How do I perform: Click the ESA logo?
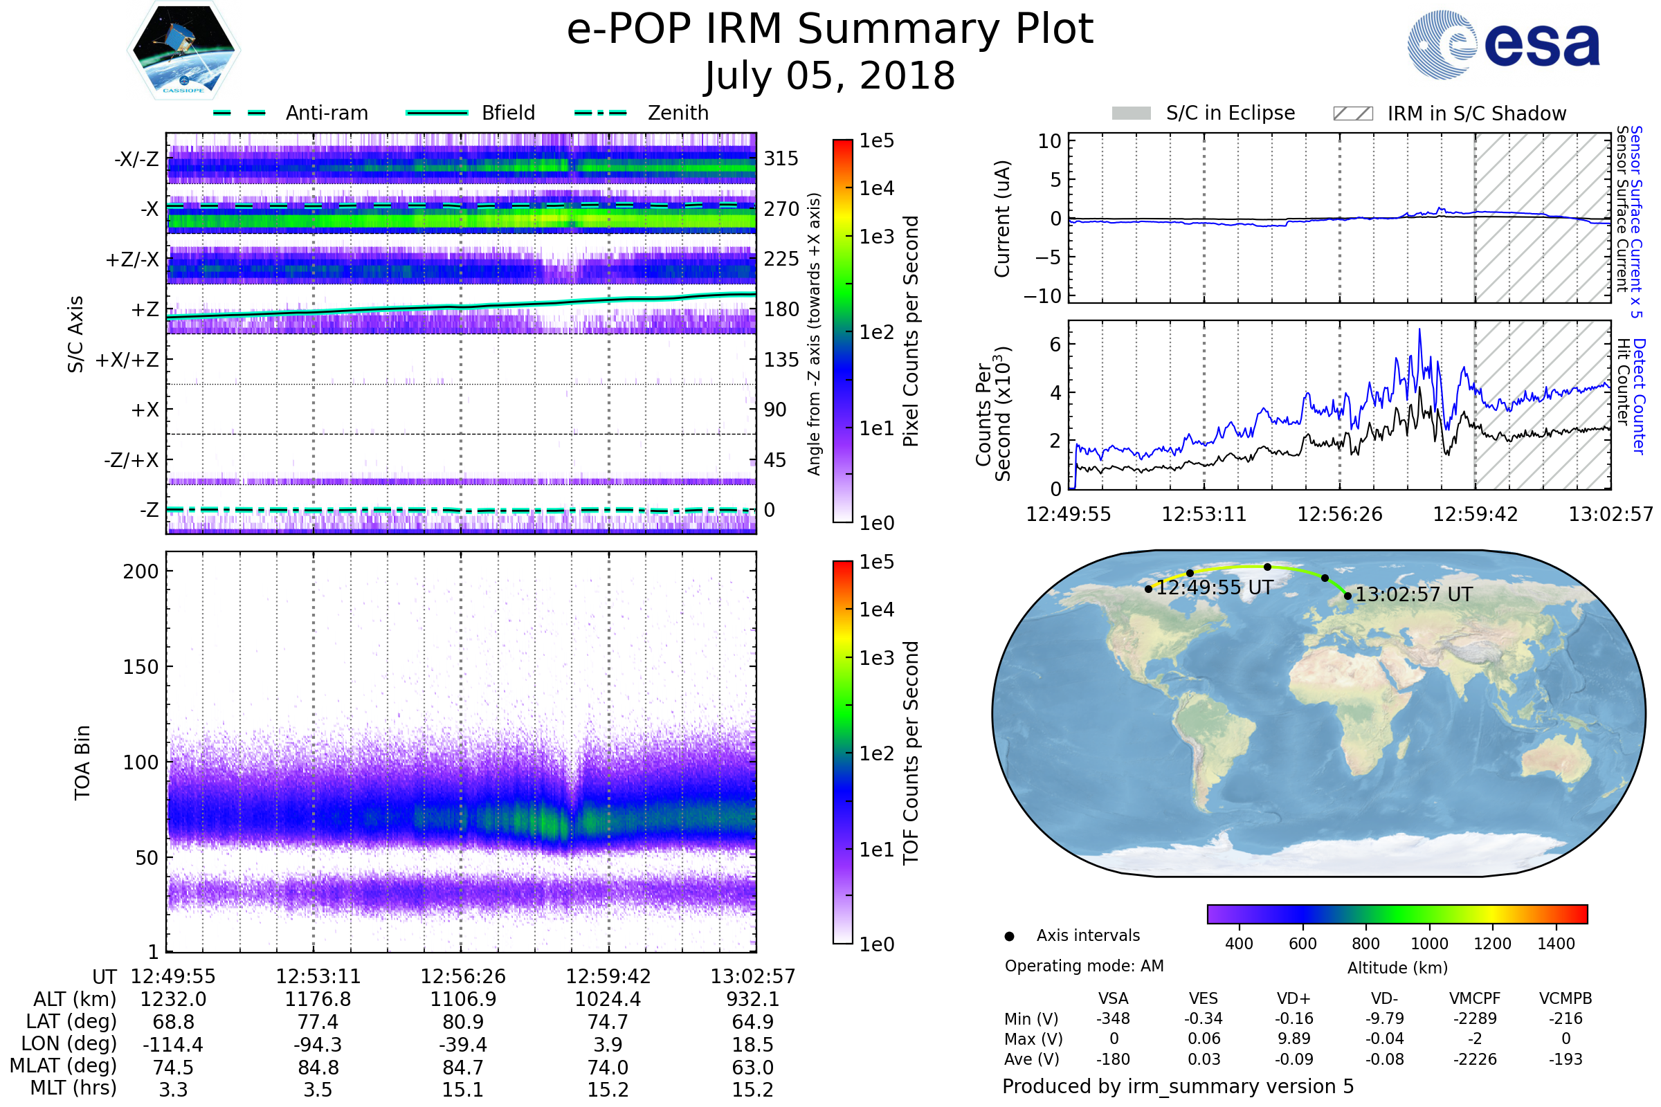coord(1503,44)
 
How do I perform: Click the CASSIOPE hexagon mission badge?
coord(183,50)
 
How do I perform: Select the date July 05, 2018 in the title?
coord(830,75)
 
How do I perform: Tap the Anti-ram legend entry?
coord(291,113)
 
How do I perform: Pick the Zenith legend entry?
coord(642,113)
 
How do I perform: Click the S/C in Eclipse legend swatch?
coord(1132,113)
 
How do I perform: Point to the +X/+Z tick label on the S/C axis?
coord(127,360)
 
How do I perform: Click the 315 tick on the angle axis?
coord(781,158)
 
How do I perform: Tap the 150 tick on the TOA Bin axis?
coord(140,667)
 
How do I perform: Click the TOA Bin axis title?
coord(82,762)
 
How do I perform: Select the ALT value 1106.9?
coord(463,1000)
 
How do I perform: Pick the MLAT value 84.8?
coord(318,1068)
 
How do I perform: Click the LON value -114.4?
coord(173,1045)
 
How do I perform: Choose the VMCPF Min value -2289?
coord(1476,1018)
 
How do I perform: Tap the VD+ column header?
coord(1294,999)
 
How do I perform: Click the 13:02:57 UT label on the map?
coord(1414,594)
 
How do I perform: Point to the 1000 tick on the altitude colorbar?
coord(1429,944)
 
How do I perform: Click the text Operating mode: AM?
coord(1084,966)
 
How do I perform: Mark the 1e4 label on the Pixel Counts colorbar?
coord(876,188)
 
